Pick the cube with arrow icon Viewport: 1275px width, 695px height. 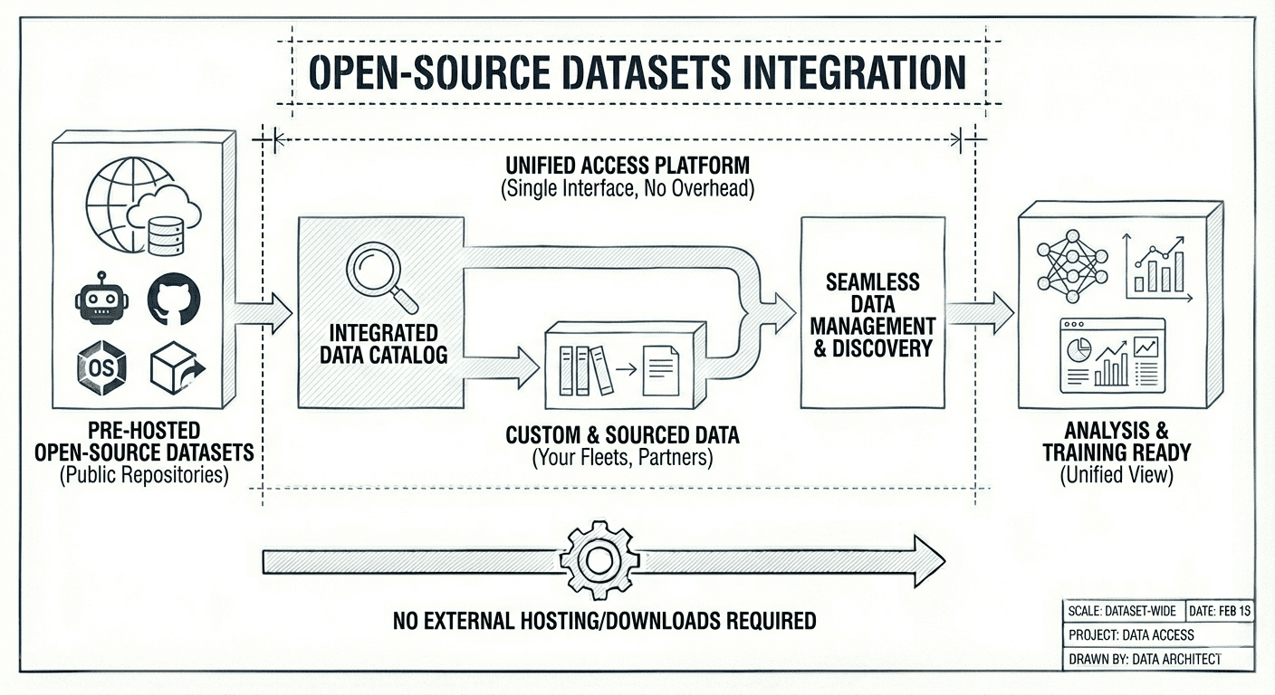pos(176,367)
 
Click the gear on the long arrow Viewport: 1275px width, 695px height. pos(599,561)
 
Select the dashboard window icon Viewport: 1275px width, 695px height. pos(1112,355)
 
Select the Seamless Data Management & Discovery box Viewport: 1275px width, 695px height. pos(872,313)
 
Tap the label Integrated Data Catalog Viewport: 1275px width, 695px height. pos(383,344)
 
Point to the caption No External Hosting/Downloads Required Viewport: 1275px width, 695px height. pos(604,621)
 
